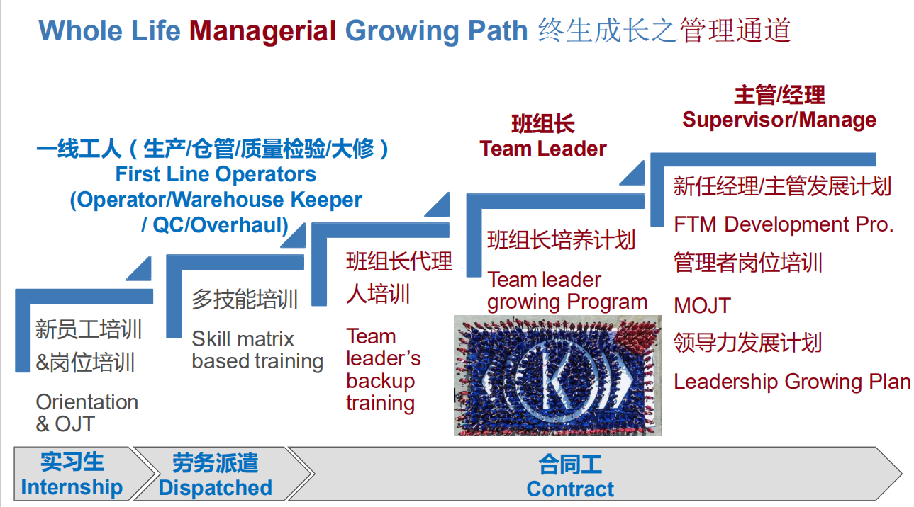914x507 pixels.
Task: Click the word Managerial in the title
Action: pos(263,32)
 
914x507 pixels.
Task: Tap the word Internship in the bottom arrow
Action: pos(72,487)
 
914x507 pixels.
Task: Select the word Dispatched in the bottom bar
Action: pos(216,487)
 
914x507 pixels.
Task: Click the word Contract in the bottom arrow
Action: pos(570,489)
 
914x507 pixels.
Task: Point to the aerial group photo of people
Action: pos(558,375)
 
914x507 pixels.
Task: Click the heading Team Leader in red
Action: pos(542,149)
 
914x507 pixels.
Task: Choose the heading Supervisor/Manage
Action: pos(779,120)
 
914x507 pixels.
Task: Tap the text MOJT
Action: pos(702,306)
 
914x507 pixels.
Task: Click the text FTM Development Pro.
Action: pos(784,224)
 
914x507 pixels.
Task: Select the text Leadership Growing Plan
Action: pos(792,382)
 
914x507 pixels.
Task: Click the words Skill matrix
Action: pos(243,339)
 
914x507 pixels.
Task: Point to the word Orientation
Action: pos(87,402)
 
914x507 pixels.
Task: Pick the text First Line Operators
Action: pos(216,174)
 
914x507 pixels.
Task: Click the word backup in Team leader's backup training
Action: pos(380,381)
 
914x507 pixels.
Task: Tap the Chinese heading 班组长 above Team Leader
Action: pos(543,124)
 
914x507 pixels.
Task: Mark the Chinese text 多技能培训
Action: pos(245,300)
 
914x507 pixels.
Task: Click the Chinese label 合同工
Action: pos(570,465)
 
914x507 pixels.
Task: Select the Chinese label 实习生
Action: pos(72,462)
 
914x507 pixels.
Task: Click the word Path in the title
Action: pos(498,31)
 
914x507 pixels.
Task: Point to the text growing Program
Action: pos(567,303)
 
